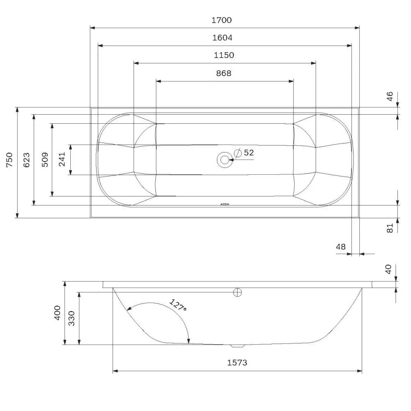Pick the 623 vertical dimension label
click(26, 159)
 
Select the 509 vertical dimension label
click(45, 159)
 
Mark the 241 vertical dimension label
click(62, 159)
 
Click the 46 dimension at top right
click(390, 96)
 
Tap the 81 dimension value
click(390, 227)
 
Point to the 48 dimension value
click(341, 247)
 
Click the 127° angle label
click(178, 306)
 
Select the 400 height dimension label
click(58, 313)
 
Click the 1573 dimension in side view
click(237, 363)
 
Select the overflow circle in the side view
click(238, 292)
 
